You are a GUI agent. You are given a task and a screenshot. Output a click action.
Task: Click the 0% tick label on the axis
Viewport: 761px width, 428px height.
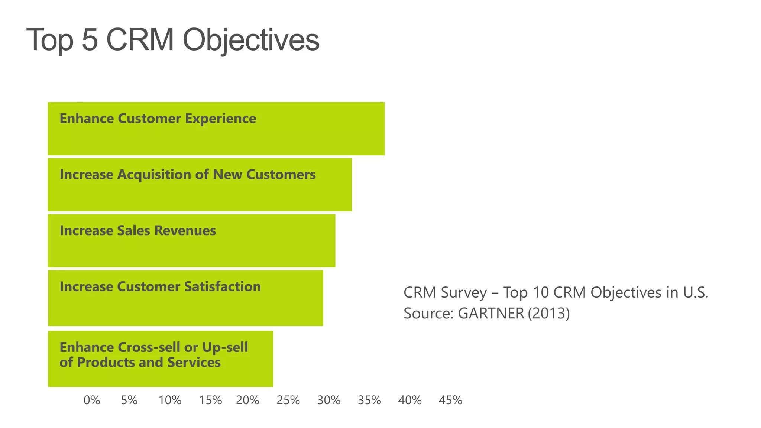(x=92, y=401)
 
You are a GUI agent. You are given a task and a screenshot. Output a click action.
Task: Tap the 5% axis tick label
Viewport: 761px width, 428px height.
(x=129, y=401)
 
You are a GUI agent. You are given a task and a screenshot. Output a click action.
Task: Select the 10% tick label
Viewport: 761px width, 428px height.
(x=170, y=401)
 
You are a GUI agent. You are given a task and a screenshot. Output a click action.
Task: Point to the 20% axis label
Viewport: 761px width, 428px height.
(x=247, y=401)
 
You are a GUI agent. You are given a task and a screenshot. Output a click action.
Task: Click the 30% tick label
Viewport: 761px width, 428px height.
(x=329, y=401)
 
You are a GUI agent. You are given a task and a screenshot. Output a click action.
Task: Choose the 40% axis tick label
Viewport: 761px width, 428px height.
(x=410, y=401)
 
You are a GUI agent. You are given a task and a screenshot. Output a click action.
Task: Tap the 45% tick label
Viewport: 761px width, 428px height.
(x=450, y=401)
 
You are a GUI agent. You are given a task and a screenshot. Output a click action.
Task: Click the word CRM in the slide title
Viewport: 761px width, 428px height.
(x=140, y=40)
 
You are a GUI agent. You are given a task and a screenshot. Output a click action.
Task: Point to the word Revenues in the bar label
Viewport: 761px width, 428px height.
(x=185, y=231)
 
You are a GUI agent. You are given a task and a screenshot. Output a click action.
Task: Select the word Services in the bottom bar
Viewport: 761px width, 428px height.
(x=194, y=363)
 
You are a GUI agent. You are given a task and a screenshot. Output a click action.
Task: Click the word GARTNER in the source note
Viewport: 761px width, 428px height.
(x=491, y=314)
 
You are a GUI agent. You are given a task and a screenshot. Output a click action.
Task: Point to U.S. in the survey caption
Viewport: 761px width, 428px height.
(x=696, y=293)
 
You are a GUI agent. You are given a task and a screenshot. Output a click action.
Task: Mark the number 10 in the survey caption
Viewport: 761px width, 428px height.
(x=540, y=293)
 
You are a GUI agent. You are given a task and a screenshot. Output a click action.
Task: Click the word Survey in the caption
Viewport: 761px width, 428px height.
(x=464, y=293)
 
